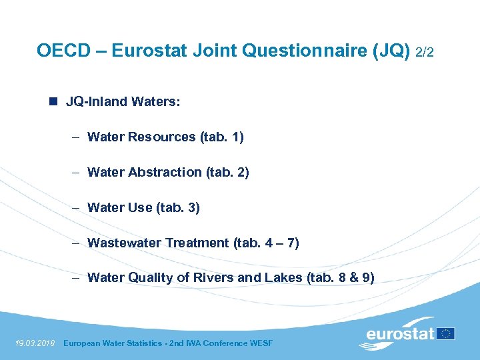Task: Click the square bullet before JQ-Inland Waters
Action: coord(52,102)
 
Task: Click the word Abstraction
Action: coord(164,173)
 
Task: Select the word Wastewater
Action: coord(124,243)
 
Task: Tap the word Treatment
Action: coord(197,243)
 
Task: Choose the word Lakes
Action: coord(282,279)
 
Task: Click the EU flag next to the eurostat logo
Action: coord(447,333)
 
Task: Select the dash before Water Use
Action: coord(77,208)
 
